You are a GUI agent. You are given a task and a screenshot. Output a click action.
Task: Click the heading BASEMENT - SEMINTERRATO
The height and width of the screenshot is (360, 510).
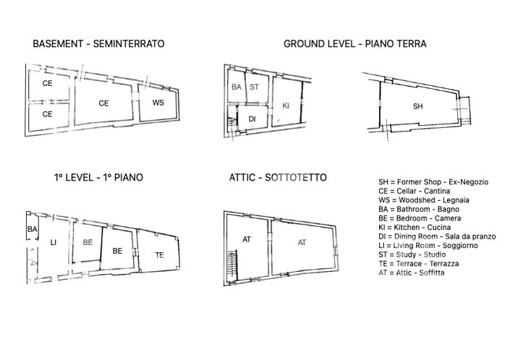click(x=98, y=44)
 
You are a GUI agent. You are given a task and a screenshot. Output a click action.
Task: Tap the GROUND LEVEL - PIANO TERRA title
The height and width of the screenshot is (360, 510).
click(x=354, y=44)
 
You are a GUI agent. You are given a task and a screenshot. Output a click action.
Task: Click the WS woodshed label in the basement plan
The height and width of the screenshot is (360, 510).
click(x=158, y=103)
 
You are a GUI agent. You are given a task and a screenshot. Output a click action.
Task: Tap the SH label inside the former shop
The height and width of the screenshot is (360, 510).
click(x=417, y=106)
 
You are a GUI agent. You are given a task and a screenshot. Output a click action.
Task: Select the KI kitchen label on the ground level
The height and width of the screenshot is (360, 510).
click(x=286, y=106)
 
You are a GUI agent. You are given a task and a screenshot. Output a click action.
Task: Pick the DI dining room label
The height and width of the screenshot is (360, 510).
click(x=252, y=119)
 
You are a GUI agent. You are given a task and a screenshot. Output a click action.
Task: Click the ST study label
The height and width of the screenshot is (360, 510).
click(x=254, y=87)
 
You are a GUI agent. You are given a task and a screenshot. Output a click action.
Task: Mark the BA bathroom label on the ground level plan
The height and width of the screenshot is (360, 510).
click(x=236, y=87)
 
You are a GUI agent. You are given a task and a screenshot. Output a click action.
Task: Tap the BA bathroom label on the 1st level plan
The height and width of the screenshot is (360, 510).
click(x=32, y=229)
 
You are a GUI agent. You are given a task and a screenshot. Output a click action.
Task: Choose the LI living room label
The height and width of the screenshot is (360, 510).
click(x=53, y=243)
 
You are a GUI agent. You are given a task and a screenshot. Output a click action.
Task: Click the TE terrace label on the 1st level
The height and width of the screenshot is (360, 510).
click(x=159, y=254)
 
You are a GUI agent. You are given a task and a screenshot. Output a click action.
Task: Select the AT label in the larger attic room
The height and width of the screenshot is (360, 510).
click(x=302, y=243)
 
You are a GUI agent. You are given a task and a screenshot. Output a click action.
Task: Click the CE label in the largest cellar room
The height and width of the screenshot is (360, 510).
click(x=103, y=103)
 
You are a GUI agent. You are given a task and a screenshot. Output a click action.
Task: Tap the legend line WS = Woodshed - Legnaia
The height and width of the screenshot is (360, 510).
click(x=420, y=200)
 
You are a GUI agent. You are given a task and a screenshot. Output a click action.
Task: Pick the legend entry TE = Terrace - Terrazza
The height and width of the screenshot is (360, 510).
click(x=418, y=264)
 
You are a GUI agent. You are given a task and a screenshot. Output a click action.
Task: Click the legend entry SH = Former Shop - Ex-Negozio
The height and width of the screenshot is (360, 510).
click(x=433, y=181)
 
